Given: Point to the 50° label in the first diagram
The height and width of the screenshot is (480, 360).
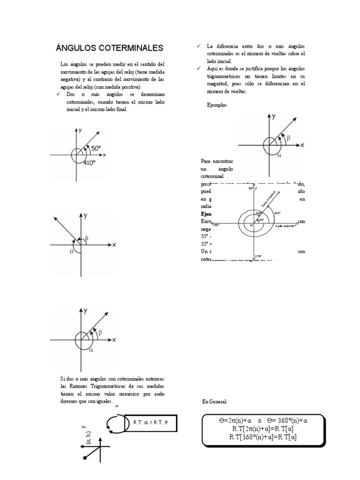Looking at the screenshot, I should [96, 148].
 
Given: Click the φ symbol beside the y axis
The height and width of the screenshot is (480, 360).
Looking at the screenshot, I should [87, 238].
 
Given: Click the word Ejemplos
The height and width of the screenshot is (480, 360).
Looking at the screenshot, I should [217, 105].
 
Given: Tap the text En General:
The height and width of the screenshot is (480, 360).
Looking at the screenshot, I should [215, 402].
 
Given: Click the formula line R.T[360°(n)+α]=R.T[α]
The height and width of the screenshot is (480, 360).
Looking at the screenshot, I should [263, 437].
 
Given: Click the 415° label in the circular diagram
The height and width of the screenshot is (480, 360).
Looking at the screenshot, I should [277, 213].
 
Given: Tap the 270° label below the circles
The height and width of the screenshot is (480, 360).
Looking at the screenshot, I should [257, 256].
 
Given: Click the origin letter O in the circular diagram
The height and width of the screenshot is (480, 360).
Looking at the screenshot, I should [251, 225].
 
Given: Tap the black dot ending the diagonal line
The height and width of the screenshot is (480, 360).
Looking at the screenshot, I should [85, 457].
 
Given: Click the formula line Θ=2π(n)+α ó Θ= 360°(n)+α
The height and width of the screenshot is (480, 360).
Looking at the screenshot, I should [263, 420].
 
